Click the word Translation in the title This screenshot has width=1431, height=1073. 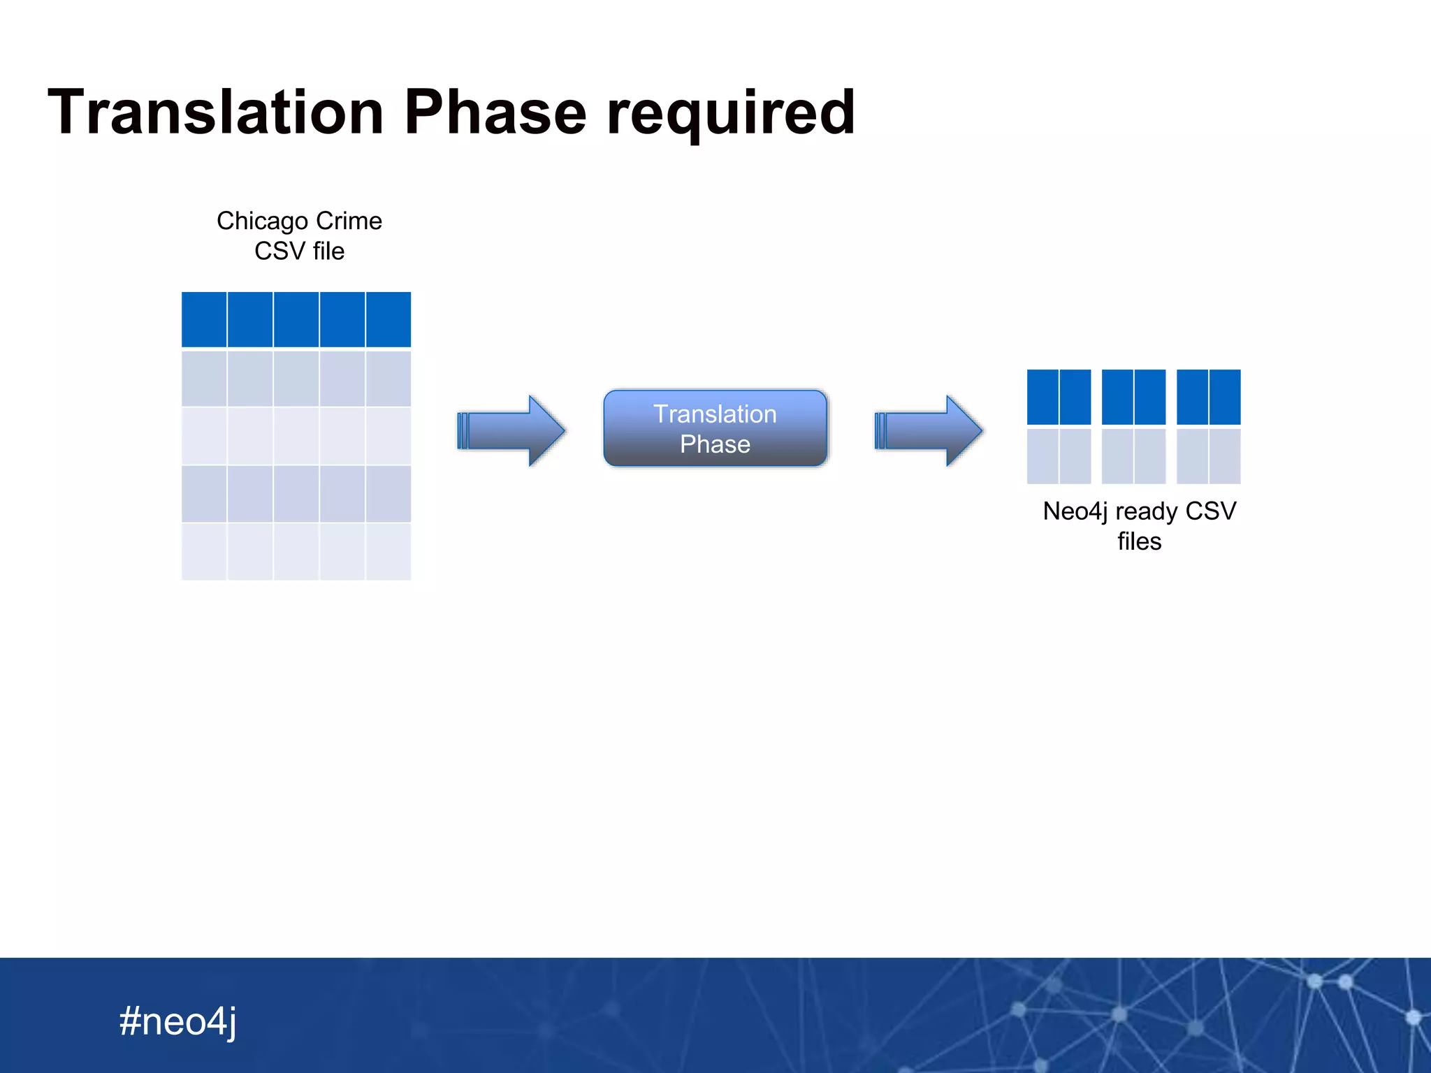216,113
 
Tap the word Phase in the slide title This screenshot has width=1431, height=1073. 495,113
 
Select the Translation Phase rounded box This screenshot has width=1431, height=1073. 715,428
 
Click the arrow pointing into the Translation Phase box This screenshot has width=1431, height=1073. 511,430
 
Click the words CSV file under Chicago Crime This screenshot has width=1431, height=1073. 299,251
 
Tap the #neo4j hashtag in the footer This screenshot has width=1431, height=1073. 177,1021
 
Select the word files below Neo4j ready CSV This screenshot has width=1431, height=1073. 1139,542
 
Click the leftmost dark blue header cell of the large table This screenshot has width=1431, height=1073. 204,319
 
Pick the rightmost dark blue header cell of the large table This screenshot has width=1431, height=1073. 388,319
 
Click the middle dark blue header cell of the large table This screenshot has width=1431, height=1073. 296,319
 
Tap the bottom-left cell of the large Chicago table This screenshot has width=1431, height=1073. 204,552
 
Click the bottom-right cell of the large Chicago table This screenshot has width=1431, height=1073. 388,552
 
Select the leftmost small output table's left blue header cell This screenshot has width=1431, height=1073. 1043,397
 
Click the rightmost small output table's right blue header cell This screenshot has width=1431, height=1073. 1225,397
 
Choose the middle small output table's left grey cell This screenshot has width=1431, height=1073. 1117,456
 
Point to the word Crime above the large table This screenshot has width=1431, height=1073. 349,221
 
